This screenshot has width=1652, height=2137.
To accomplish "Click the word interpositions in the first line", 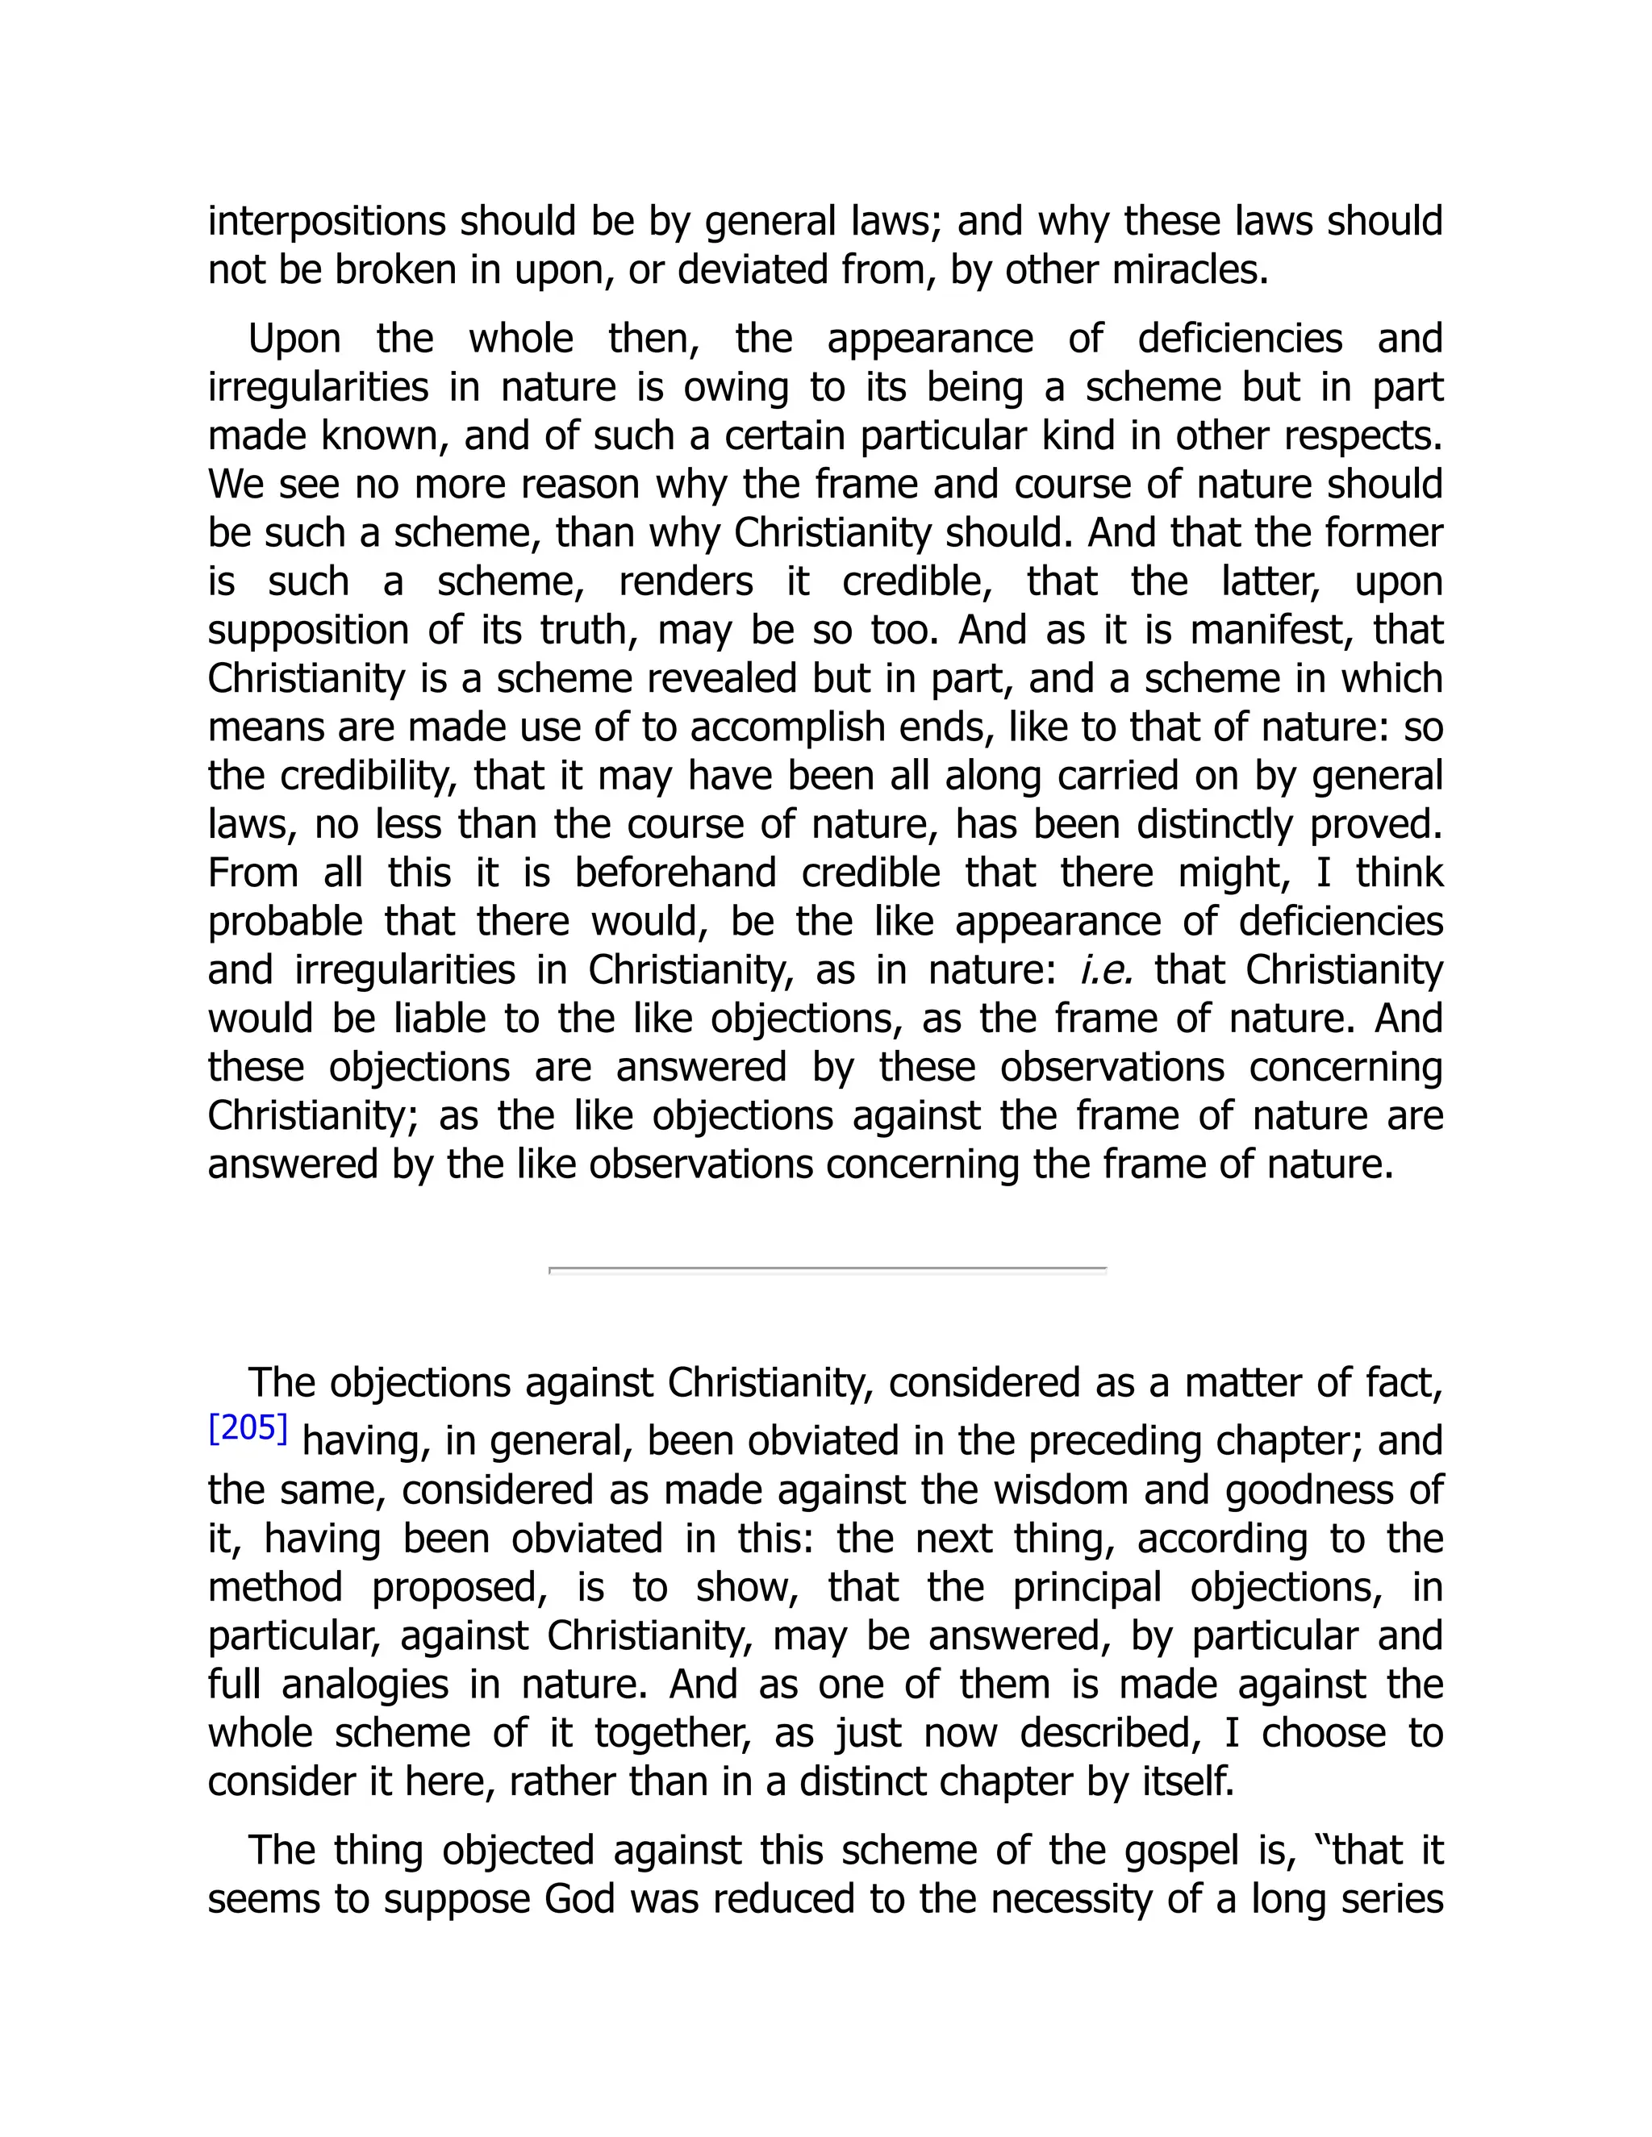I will [x=327, y=222].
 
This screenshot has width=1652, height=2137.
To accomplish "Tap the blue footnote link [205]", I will [x=248, y=1430].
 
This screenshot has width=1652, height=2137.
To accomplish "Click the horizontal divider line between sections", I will [x=827, y=1269].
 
